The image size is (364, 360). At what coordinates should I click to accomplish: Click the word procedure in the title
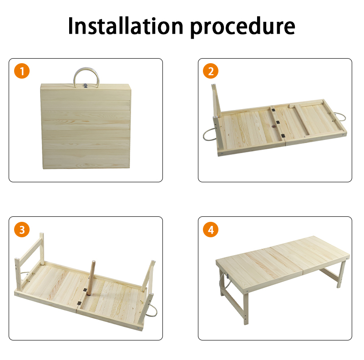click(243, 27)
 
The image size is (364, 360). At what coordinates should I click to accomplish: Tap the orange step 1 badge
click(22, 71)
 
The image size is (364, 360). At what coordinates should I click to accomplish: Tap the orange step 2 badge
click(211, 71)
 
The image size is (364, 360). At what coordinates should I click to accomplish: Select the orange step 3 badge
click(22, 230)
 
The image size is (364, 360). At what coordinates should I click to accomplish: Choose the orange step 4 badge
click(211, 230)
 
